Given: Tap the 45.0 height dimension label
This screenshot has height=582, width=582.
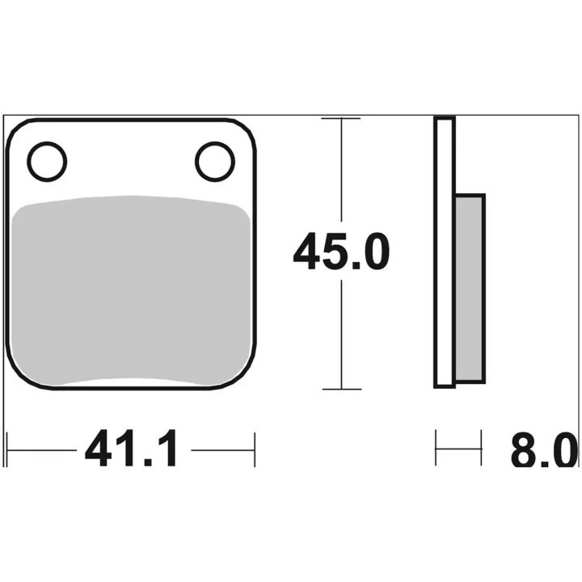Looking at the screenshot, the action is pos(341,251).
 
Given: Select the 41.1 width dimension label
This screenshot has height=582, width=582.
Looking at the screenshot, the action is pos(131,449).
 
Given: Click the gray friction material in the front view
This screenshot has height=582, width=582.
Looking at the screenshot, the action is pos(130,290).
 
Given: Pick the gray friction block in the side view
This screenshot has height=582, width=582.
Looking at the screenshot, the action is pos(470,289).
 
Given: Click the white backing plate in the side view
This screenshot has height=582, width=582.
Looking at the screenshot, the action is pos(445,252).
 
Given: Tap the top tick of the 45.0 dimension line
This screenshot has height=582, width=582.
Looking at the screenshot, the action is pos(341,118).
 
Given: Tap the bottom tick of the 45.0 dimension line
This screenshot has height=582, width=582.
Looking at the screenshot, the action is pos(342,390).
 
